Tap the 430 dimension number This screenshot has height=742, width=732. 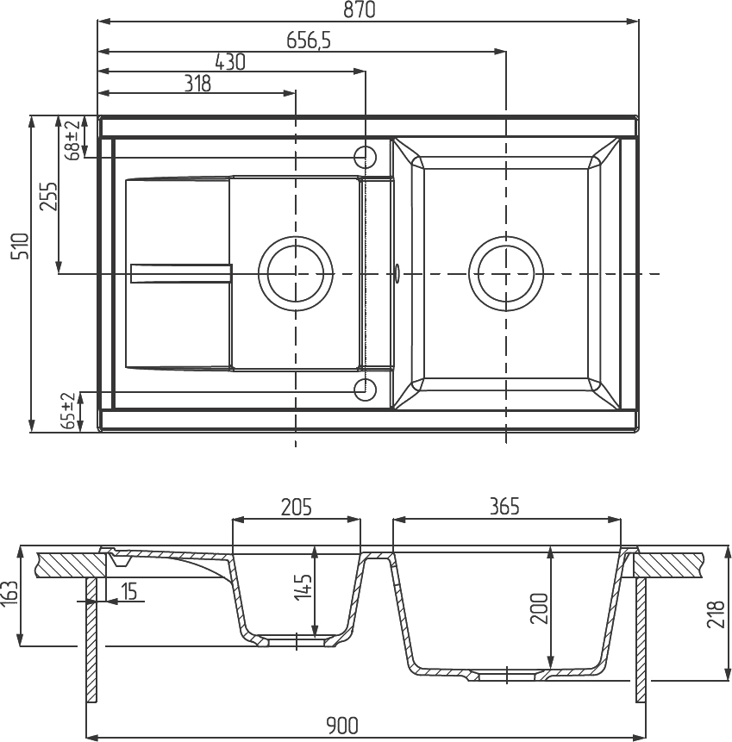click(x=229, y=62)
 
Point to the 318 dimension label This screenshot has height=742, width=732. click(x=197, y=83)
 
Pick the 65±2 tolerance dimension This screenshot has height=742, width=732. click(x=69, y=411)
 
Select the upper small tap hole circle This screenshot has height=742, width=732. click(x=366, y=157)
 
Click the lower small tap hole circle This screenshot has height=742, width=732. click(x=366, y=390)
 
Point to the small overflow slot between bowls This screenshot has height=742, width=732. click(x=397, y=273)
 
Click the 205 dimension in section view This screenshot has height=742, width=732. click(x=296, y=507)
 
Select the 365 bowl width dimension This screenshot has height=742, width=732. click(x=504, y=507)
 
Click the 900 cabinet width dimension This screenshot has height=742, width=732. click(x=342, y=725)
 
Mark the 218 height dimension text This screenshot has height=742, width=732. click(x=715, y=612)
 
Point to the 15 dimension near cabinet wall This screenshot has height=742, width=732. click(x=129, y=591)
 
